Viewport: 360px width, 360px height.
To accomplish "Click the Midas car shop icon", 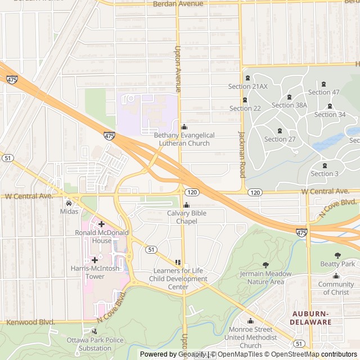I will [x=69, y=203].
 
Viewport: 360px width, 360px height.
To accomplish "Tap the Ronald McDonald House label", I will [x=102, y=237].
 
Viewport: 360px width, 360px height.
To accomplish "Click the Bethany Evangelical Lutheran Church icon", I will [x=184, y=127].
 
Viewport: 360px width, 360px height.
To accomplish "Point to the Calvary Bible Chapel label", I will [x=187, y=217].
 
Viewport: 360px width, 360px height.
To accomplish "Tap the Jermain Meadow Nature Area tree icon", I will [x=265, y=265].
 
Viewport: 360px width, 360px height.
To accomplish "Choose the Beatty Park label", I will [x=337, y=264].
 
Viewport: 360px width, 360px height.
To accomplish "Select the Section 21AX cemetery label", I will [x=247, y=87].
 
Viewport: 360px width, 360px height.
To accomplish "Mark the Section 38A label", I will [x=289, y=105].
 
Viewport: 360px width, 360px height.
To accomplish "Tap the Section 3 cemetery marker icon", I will [x=325, y=165].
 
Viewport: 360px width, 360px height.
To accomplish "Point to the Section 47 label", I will [x=323, y=92].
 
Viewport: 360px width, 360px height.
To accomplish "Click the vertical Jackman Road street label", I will [x=242, y=154].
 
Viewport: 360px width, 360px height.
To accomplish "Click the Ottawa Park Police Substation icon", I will [x=94, y=332].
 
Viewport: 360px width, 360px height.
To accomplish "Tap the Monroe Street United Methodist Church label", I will [x=250, y=337].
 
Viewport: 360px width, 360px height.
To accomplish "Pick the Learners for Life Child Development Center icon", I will [x=178, y=263].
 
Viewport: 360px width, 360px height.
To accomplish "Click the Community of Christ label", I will [x=336, y=288].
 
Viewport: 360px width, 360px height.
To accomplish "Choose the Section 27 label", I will [x=280, y=139].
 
